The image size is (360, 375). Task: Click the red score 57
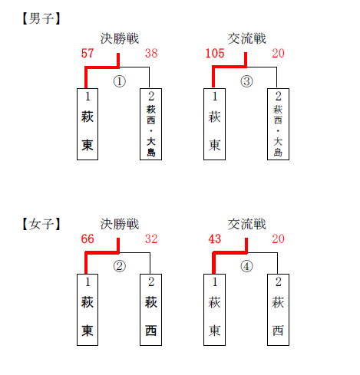coord(88,53)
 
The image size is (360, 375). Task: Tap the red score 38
coord(151,53)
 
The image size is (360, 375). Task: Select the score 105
coord(215,53)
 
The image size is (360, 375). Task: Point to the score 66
coord(88,238)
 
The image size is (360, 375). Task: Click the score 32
coord(151,238)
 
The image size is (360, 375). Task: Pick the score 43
coord(215,238)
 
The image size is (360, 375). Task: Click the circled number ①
coord(120,81)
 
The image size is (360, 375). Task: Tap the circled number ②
coord(120,266)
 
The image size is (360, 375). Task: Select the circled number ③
coord(246,81)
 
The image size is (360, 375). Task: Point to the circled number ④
coord(246,266)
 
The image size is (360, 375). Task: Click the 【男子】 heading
coord(41,18)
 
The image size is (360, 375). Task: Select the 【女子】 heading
coord(41,224)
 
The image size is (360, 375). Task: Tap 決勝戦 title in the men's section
coord(120,39)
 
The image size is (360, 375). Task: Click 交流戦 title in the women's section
coord(247,224)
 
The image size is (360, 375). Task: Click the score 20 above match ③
coord(278,53)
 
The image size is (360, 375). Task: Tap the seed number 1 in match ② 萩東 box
coord(88,282)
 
